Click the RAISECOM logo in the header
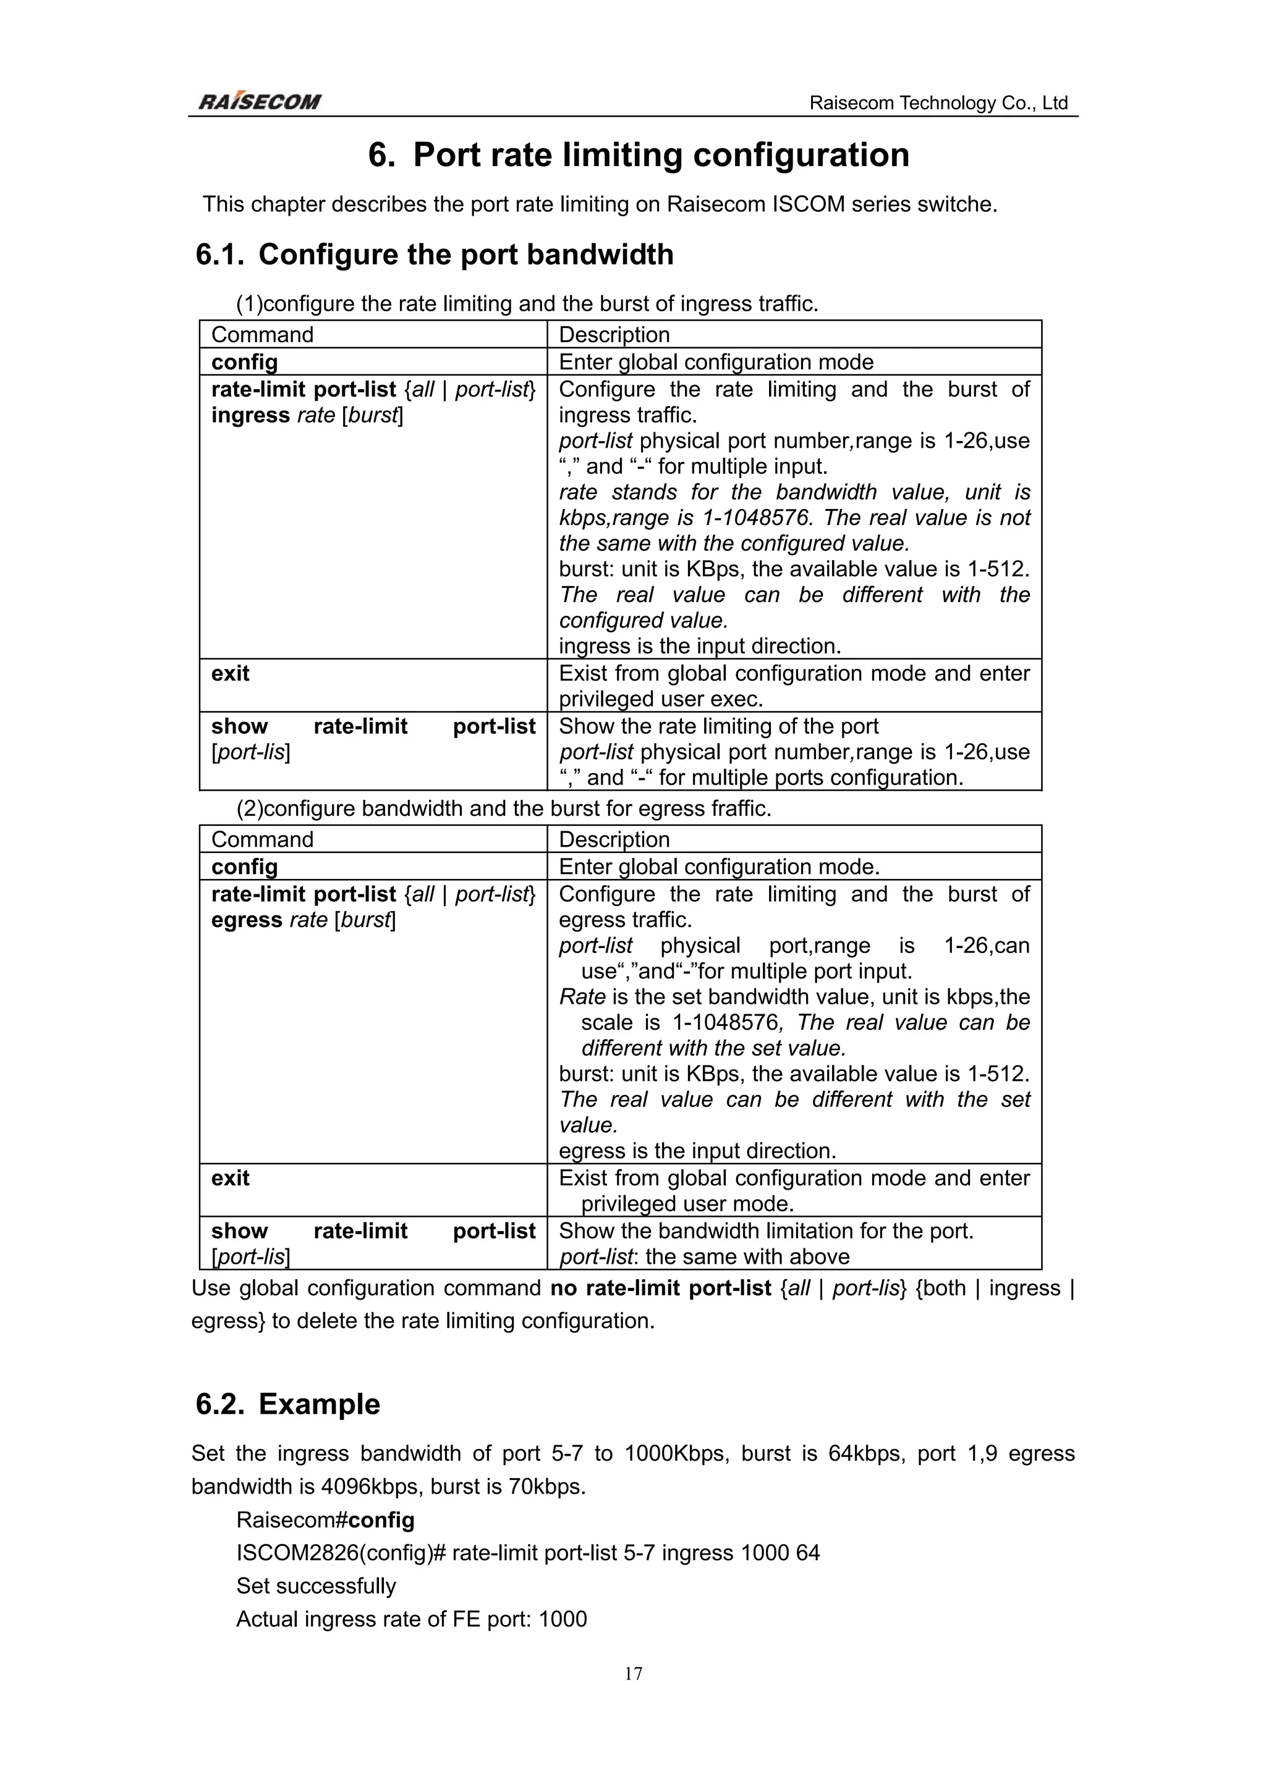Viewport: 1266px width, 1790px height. pos(259,102)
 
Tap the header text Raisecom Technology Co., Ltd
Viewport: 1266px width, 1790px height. pos(938,103)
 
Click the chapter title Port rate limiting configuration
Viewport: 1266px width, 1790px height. pos(660,154)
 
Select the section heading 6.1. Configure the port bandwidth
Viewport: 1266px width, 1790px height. pos(435,255)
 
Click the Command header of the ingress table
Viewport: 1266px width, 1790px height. pos(262,334)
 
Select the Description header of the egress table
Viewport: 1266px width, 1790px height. pos(614,839)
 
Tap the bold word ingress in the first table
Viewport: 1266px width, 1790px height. pos(250,414)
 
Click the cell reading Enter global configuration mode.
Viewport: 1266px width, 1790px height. pos(715,362)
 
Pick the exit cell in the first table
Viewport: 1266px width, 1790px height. pos(230,674)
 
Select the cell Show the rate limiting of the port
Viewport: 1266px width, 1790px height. pos(718,726)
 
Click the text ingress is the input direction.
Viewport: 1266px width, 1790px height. pos(700,646)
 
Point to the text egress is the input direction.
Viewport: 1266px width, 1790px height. pos(697,1151)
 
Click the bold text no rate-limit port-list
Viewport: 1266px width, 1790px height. pos(660,1288)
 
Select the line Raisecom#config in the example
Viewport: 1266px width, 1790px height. pos(325,1519)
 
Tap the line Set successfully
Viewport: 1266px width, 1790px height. pos(316,1586)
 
